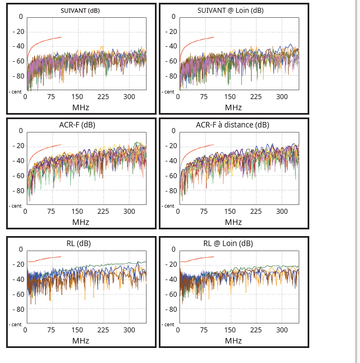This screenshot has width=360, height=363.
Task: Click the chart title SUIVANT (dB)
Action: [80, 11]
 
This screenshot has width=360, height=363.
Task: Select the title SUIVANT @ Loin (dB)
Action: [231, 11]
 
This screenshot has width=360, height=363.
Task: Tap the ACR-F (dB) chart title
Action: [77, 125]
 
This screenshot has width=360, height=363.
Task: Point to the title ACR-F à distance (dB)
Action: [232, 125]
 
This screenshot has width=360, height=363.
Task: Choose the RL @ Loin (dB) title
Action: [228, 243]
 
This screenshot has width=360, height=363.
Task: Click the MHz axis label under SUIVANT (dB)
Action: [81, 107]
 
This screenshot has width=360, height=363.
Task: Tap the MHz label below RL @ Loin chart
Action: [233, 340]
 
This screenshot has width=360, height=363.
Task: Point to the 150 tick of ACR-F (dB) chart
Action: [77, 212]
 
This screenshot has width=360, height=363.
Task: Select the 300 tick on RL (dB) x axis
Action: [129, 330]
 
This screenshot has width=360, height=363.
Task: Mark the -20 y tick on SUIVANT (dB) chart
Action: [18, 31]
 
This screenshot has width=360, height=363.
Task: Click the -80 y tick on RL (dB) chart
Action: [18, 309]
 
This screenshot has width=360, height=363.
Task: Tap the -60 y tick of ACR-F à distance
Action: [171, 176]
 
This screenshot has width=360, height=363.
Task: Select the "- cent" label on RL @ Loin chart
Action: [168, 324]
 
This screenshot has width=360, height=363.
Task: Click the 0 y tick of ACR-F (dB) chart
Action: [21, 131]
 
